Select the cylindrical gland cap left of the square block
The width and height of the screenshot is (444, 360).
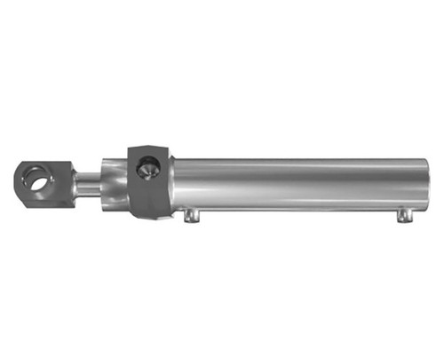coord(114,185)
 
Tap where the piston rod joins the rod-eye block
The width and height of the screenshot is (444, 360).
coord(74,185)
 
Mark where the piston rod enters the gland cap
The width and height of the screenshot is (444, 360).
coord(100,185)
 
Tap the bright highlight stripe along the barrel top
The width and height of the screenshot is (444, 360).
coord(293,167)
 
